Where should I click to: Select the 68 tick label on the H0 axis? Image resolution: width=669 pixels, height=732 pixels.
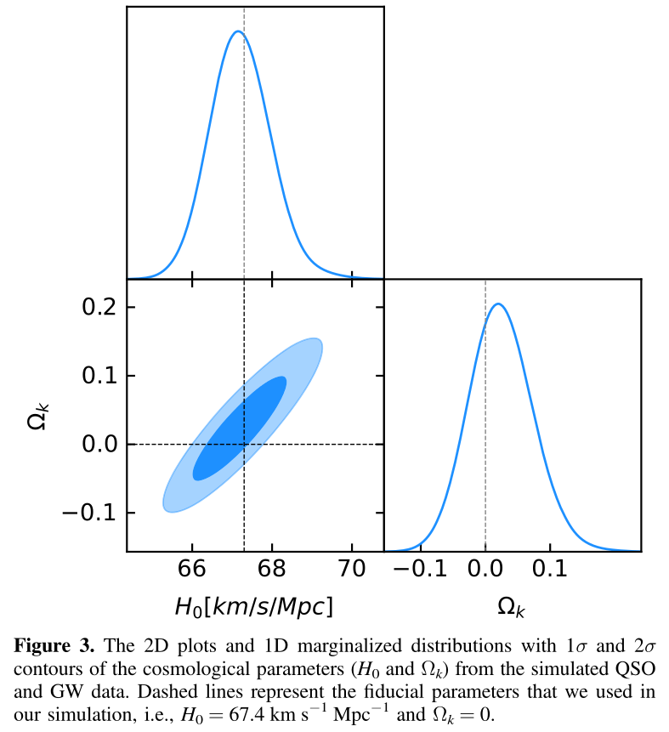click(x=272, y=569)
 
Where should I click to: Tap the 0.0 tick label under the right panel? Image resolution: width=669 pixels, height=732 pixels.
click(x=485, y=569)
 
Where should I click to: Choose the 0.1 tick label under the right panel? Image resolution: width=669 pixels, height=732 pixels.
click(x=551, y=569)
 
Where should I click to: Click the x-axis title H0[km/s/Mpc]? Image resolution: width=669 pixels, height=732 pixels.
click(x=252, y=606)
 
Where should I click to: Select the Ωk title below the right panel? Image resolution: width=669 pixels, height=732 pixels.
click(x=512, y=606)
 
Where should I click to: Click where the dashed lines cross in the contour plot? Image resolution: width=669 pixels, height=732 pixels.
click(x=244, y=444)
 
